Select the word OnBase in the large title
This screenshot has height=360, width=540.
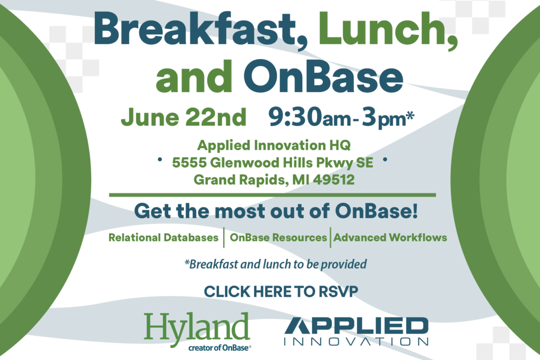(x=323, y=76)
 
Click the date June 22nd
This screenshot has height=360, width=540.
(x=184, y=118)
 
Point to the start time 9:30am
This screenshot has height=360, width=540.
(x=310, y=118)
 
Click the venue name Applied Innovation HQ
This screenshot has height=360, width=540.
(x=274, y=145)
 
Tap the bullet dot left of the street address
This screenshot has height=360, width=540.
(x=160, y=159)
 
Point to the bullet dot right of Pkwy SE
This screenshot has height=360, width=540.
(x=385, y=159)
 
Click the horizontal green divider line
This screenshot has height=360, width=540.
(x=273, y=195)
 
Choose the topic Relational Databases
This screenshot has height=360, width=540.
(x=163, y=238)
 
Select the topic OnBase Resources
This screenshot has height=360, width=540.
(x=278, y=238)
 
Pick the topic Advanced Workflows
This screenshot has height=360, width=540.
(x=390, y=238)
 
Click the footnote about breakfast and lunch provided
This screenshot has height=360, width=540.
(x=275, y=264)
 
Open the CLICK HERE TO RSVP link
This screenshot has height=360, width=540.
(x=281, y=292)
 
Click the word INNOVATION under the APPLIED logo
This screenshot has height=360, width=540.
(x=356, y=342)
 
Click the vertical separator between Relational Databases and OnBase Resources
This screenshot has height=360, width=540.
(x=224, y=238)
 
